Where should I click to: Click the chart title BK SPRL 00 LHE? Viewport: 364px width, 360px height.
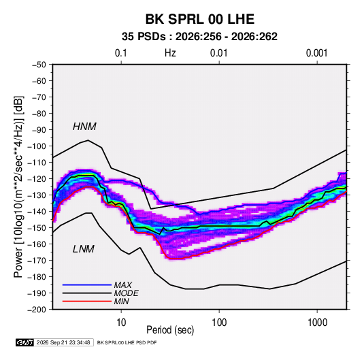[199, 19]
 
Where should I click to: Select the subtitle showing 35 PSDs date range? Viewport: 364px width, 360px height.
[199, 37]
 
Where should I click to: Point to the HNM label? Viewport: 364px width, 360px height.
[84, 127]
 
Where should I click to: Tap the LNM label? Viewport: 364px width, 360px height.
[84, 249]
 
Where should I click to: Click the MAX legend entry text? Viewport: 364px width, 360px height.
[123, 285]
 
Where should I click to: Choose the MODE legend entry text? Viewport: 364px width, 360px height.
[127, 293]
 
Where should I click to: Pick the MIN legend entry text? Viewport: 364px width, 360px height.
[121, 301]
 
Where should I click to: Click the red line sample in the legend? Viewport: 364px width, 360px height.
[87, 301]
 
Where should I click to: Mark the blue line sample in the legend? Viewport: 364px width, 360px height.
[87, 285]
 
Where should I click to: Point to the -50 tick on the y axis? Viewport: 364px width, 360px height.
[39, 65]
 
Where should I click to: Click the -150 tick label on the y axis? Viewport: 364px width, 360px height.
[37, 228]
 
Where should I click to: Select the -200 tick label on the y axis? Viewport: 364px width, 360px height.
[37, 310]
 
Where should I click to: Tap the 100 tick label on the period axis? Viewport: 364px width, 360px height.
[219, 323]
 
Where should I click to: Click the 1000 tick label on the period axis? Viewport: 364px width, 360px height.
[317, 323]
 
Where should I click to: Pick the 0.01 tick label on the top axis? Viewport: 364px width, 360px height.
[218, 53]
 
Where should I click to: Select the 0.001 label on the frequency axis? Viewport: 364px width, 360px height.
[316, 53]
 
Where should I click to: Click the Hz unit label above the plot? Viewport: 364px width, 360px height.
[170, 53]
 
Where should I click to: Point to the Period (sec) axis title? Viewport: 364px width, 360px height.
[170, 330]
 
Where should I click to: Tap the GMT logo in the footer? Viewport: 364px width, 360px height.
[25, 342]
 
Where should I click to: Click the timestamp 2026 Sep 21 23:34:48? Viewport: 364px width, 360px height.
[63, 342]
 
